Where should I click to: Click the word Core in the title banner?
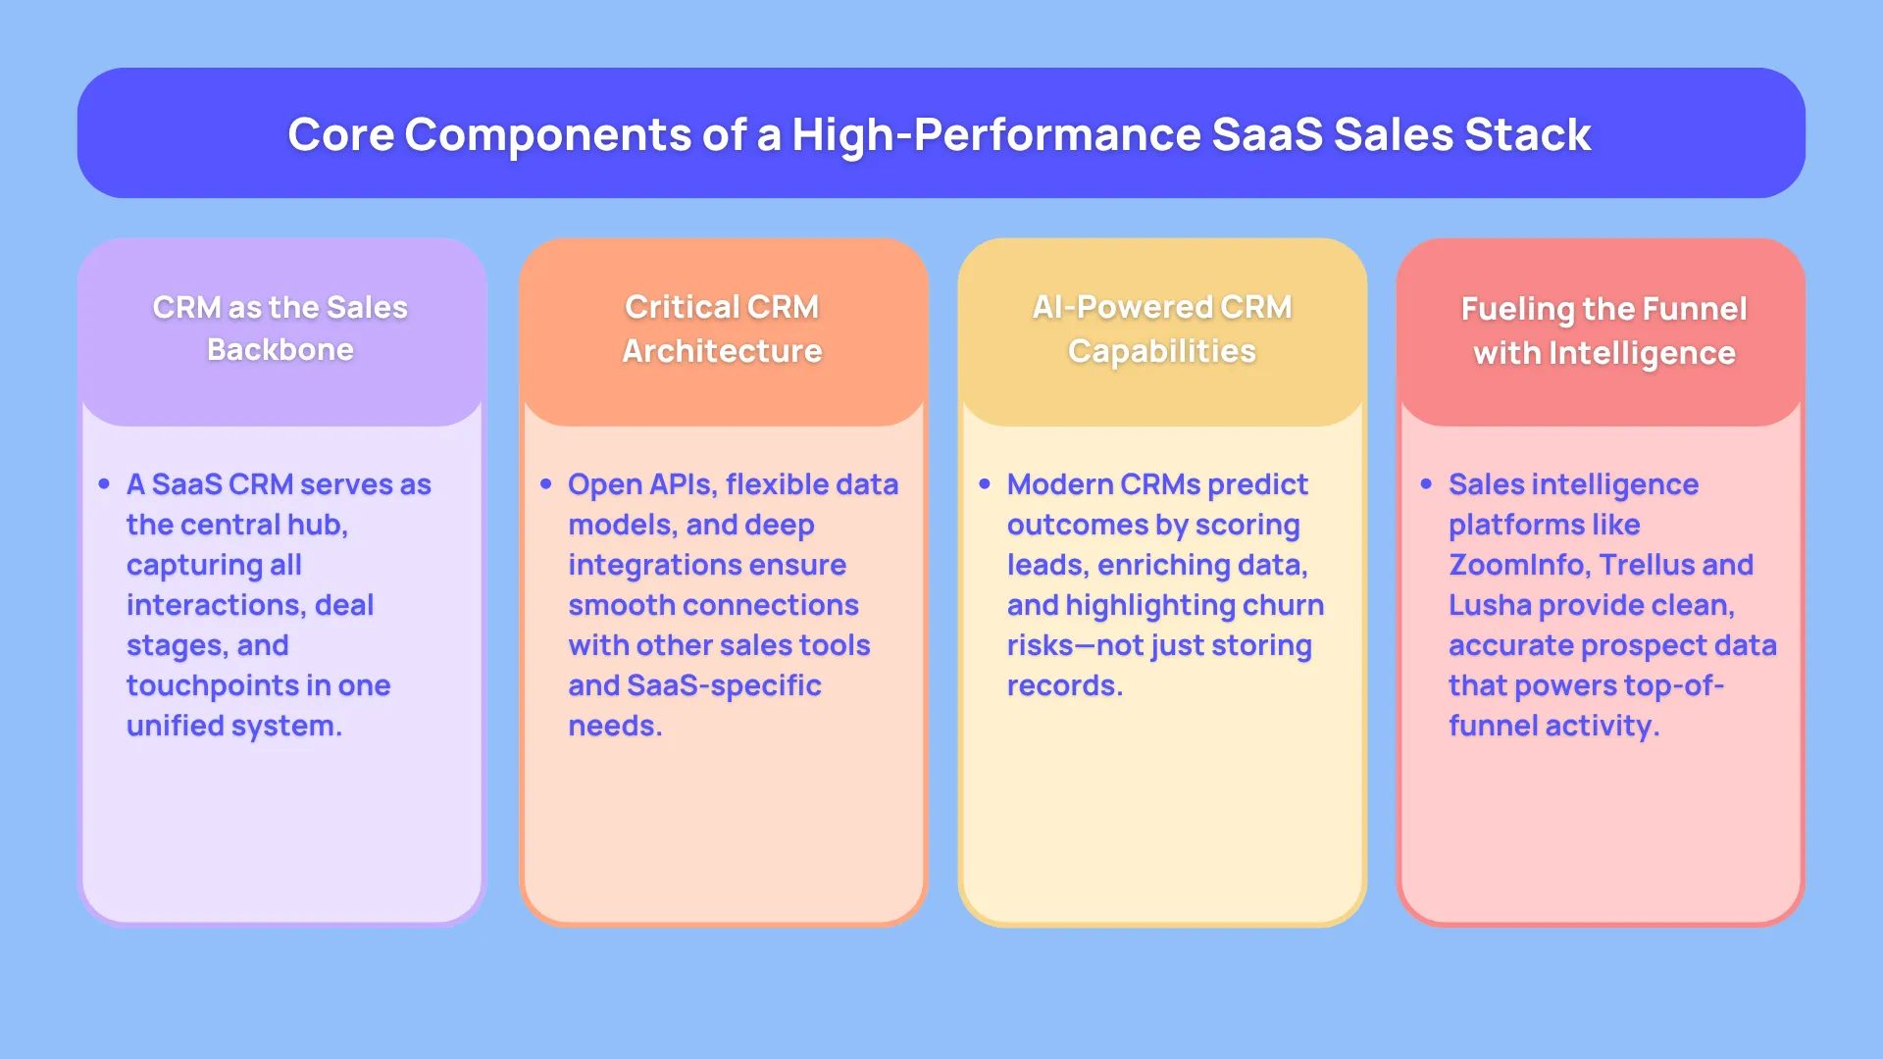(339, 134)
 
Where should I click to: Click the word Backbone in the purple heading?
(280, 350)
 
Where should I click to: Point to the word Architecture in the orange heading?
(722, 351)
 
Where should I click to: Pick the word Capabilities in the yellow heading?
(1161, 351)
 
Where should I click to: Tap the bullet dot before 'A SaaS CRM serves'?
(105, 484)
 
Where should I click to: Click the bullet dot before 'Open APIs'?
(546, 484)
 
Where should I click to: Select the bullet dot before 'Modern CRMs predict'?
(985, 484)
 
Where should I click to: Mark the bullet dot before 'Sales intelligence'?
(1426, 484)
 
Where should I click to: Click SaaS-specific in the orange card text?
(724, 685)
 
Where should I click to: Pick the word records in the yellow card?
(1063, 685)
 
